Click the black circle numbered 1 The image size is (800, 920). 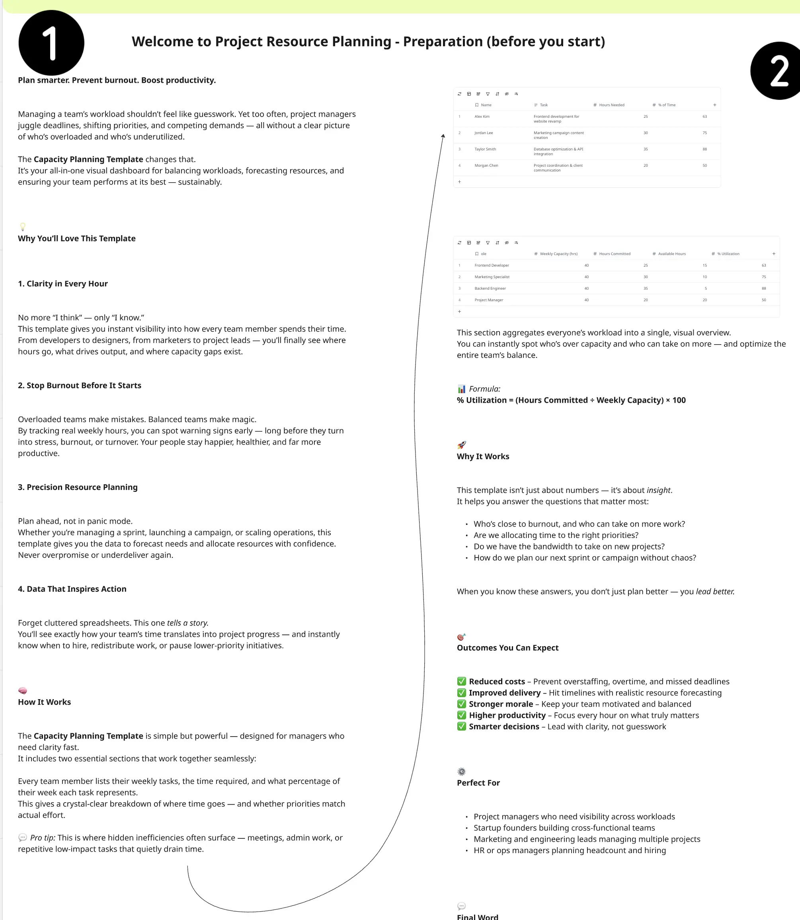[51, 43]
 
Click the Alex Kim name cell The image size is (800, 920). [482, 117]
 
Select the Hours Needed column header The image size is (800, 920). [611, 105]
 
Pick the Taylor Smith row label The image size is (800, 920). [485, 149]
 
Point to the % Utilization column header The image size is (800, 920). [728, 253]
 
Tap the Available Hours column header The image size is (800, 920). [671, 253]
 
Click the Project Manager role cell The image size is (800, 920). [488, 300]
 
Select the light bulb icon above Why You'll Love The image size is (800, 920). [23, 227]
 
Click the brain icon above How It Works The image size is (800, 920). [23, 690]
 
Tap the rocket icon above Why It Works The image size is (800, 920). [462, 444]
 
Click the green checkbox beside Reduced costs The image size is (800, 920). [462, 681]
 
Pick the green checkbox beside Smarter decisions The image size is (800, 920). [462, 726]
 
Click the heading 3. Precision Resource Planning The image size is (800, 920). [78, 487]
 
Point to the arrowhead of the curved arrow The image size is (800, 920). [443, 136]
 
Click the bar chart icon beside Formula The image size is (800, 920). [462, 389]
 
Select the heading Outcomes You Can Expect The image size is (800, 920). [507, 648]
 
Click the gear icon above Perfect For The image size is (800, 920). [462, 771]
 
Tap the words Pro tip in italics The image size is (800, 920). [43, 837]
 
